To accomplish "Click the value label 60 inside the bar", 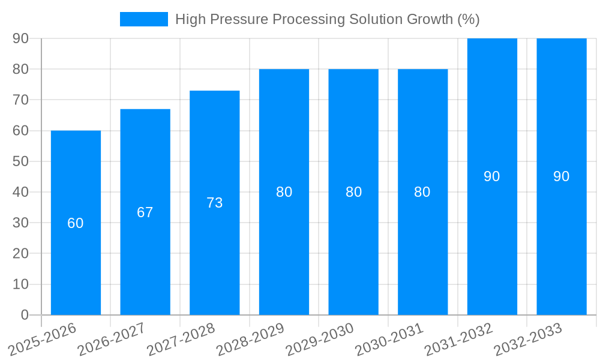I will click(x=76, y=223).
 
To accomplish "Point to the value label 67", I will click(x=145, y=212).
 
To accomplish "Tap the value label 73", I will click(x=215, y=203).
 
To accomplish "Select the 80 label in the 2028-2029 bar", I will click(x=284, y=192).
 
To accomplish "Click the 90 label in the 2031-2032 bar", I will click(x=492, y=176).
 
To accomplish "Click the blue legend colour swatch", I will click(x=144, y=19).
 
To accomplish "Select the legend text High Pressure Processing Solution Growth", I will click(x=327, y=19).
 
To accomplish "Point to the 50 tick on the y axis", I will click(x=20, y=161).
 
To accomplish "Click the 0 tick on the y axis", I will click(x=25, y=315).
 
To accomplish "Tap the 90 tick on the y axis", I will click(x=20, y=38).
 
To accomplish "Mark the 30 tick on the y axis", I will click(x=20, y=223).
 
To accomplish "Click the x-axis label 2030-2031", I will click(x=389, y=340).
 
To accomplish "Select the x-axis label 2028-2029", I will click(x=251, y=340).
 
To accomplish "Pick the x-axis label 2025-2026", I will click(x=43, y=340).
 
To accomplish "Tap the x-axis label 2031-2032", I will click(x=459, y=340).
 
